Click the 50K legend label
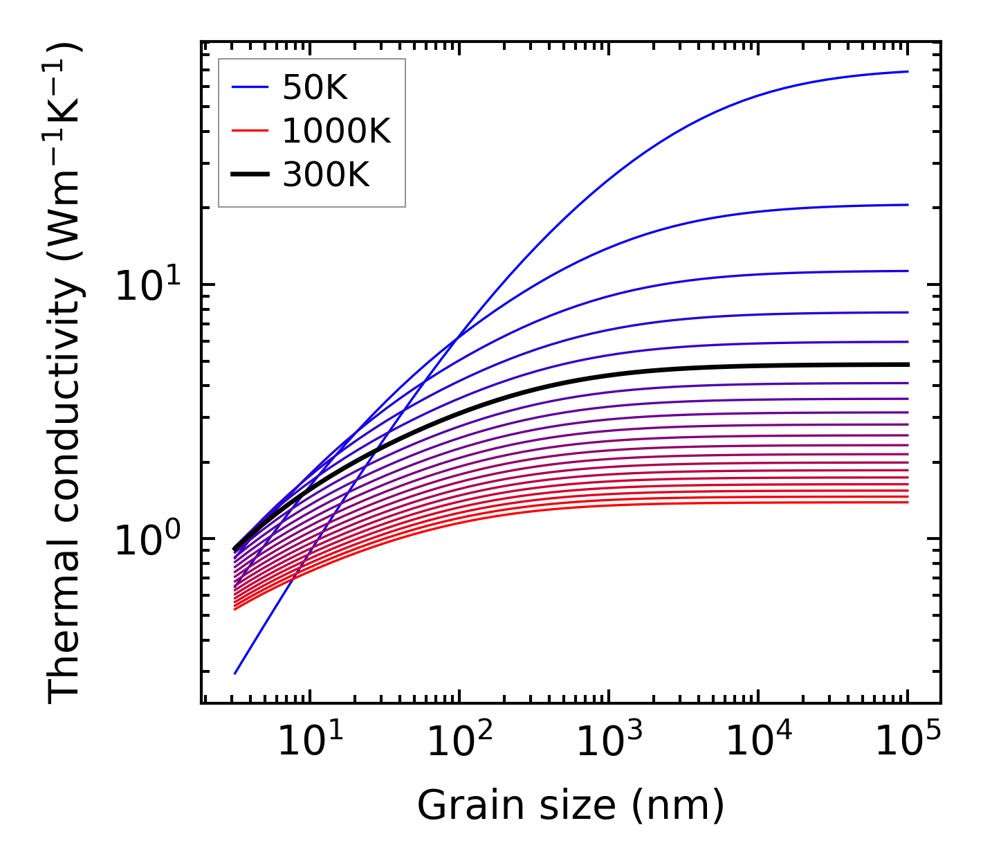click(315, 88)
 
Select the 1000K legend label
click(336, 131)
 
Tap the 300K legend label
click(326, 175)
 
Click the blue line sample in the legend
click(249, 87)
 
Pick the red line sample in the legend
click(249, 131)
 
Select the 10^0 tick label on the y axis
click(147, 540)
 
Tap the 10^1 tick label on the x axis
click(309, 742)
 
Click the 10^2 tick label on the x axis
click(459, 742)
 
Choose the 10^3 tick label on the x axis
click(608, 742)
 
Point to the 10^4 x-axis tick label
click(757, 742)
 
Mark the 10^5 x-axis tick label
click(907, 742)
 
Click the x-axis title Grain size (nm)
click(571, 806)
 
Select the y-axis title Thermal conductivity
click(66, 374)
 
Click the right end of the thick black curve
click(907, 364)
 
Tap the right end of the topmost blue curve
click(907, 71)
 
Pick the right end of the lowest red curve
click(907, 502)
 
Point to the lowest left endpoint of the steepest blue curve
click(235, 673)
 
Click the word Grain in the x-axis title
click(457, 806)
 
